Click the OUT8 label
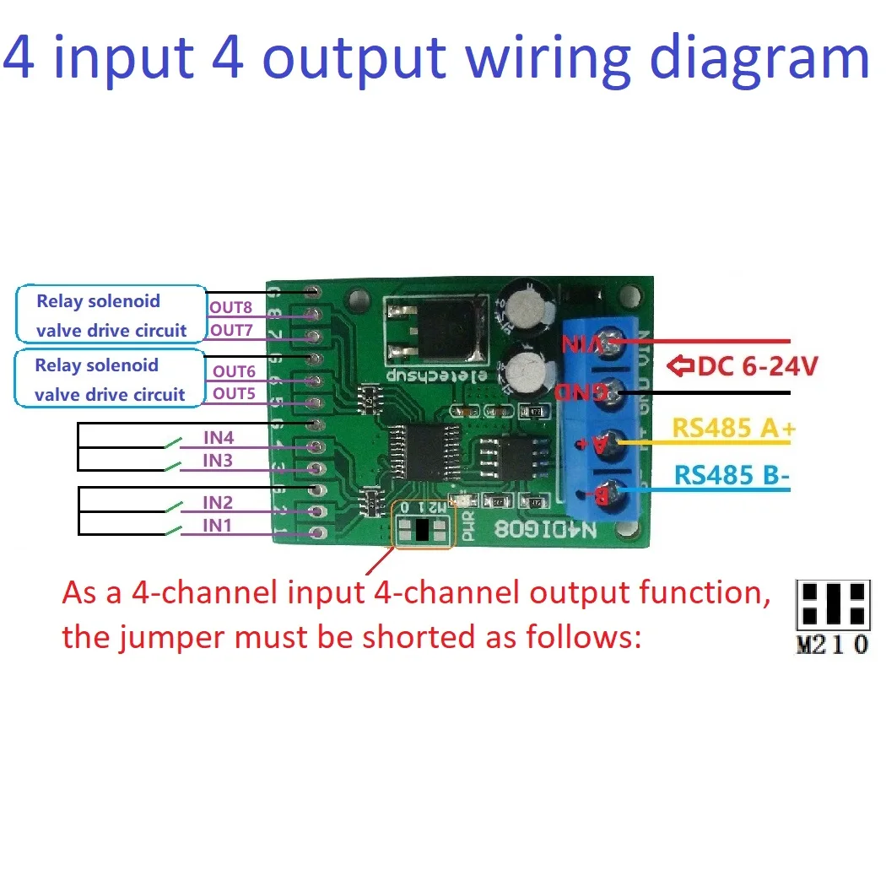[230, 308]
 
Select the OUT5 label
[234, 393]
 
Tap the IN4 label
[219, 437]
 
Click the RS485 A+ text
[733, 429]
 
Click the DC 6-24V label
[756, 366]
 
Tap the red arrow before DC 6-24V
[680, 366]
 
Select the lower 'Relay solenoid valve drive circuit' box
[110, 379]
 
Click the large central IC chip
[423, 452]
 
